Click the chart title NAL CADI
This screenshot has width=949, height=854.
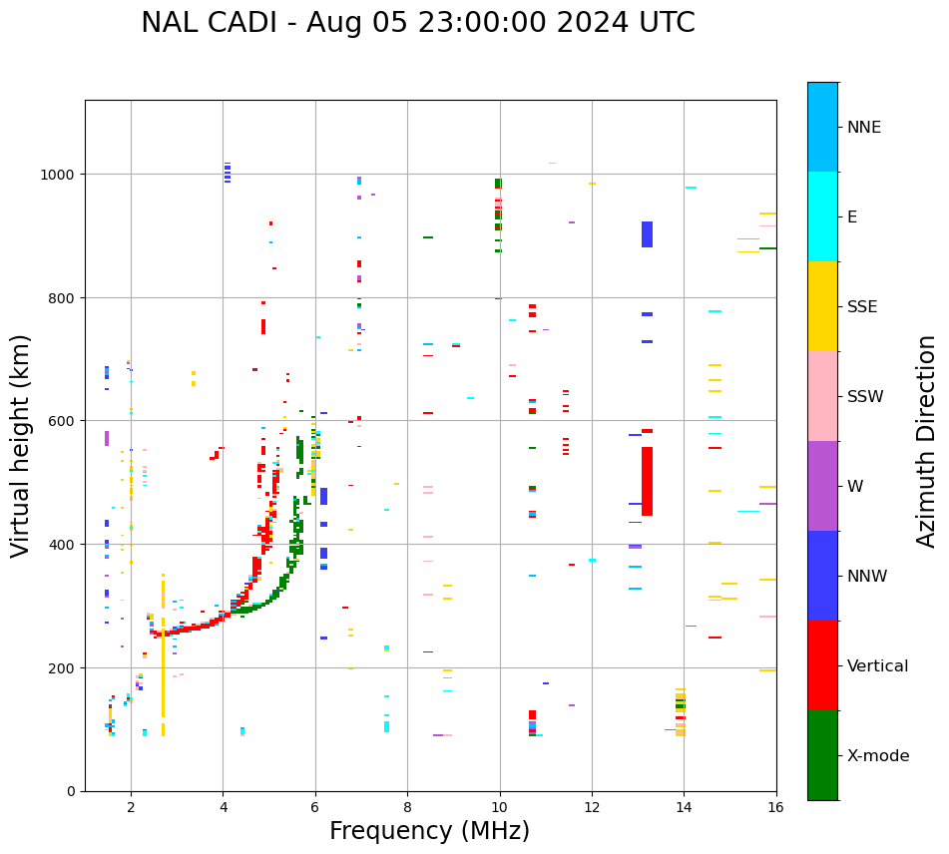click(x=417, y=23)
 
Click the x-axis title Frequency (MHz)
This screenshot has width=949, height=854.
click(x=429, y=831)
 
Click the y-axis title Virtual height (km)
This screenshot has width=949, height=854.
click(x=21, y=445)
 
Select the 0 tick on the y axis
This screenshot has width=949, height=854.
click(x=71, y=791)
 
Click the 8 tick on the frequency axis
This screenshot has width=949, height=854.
click(x=407, y=806)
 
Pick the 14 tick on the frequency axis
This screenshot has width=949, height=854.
click(x=684, y=806)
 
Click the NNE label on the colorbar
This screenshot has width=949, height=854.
click(x=864, y=127)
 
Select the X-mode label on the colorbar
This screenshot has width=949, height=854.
click(x=878, y=755)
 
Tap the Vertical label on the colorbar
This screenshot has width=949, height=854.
click(x=878, y=665)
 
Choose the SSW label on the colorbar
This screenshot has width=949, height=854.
click(x=865, y=396)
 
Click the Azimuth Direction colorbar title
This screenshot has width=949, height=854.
click(x=927, y=441)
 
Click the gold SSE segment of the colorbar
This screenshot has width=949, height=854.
click(x=822, y=306)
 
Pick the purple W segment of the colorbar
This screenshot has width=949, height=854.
click(x=822, y=486)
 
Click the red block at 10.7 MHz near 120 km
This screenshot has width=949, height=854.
click(x=532, y=714)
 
